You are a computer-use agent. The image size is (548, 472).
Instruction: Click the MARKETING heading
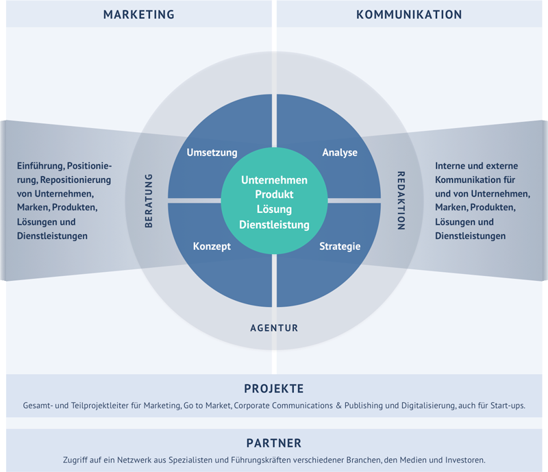138,14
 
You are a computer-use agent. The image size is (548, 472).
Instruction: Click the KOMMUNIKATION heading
409,14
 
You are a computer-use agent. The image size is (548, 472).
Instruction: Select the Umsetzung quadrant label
212,153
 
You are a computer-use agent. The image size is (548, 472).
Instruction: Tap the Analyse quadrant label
340,153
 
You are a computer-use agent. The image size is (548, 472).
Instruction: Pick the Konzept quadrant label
212,247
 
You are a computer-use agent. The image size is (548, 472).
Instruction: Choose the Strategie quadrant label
340,247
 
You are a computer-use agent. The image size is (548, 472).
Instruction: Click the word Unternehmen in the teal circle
274,180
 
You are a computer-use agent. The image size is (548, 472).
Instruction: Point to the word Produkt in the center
274,195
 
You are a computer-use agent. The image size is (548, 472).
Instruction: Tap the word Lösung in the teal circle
274,210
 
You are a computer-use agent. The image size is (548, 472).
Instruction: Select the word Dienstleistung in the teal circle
274,225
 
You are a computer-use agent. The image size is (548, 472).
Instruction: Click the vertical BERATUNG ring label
149,201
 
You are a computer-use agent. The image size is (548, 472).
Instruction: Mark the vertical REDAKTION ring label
401,201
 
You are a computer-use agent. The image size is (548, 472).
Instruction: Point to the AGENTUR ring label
274,328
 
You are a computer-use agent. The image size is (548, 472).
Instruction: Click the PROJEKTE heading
274,389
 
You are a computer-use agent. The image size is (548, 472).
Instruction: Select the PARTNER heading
274,443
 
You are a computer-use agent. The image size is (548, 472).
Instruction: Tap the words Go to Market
207,406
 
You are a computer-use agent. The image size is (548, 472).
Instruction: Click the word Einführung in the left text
40,166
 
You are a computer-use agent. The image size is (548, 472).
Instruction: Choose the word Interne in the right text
451,166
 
